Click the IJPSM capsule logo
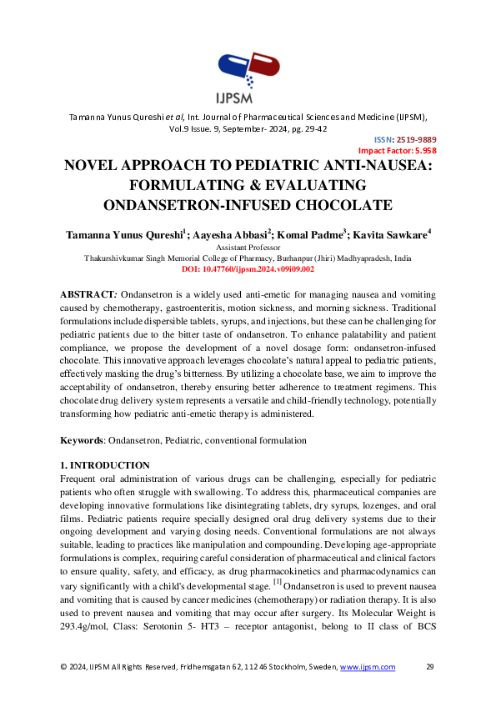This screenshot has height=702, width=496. coord(248,70)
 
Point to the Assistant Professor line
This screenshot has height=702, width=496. coord(248,248)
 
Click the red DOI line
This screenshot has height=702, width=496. coord(248,269)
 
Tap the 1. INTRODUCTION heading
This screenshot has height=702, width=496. coord(105,465)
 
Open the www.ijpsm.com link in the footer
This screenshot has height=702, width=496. coord(367,667)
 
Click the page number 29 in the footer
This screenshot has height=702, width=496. coord(430,667)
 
